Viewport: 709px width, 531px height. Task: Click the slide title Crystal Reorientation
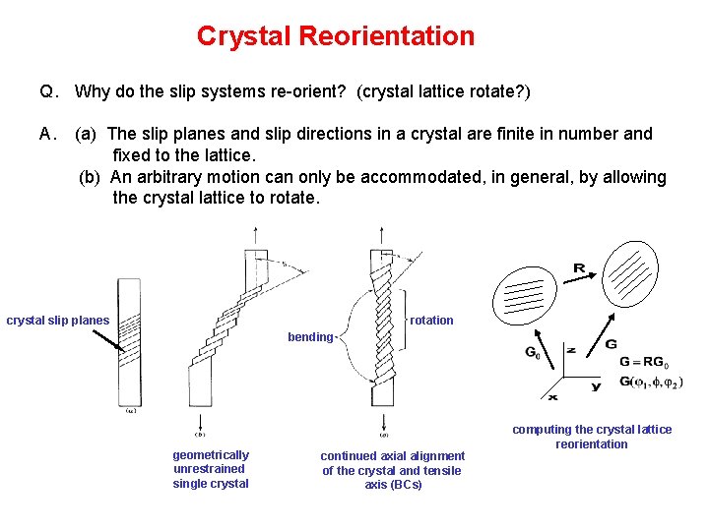(335, 36)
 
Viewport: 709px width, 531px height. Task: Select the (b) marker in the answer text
(91, 177)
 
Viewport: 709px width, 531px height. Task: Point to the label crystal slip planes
(58, 321)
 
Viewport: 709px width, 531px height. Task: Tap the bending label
(310, 337)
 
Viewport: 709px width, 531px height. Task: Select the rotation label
(431, 321)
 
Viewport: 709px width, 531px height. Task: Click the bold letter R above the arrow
(579, 267)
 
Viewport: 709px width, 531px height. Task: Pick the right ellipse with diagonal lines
(636, 273)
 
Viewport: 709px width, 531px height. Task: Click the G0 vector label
(532, 352)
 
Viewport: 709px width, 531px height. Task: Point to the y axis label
(597, 387)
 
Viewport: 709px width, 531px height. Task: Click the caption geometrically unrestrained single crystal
(211, 469)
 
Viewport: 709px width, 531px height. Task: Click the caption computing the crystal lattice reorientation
(592, 437)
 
